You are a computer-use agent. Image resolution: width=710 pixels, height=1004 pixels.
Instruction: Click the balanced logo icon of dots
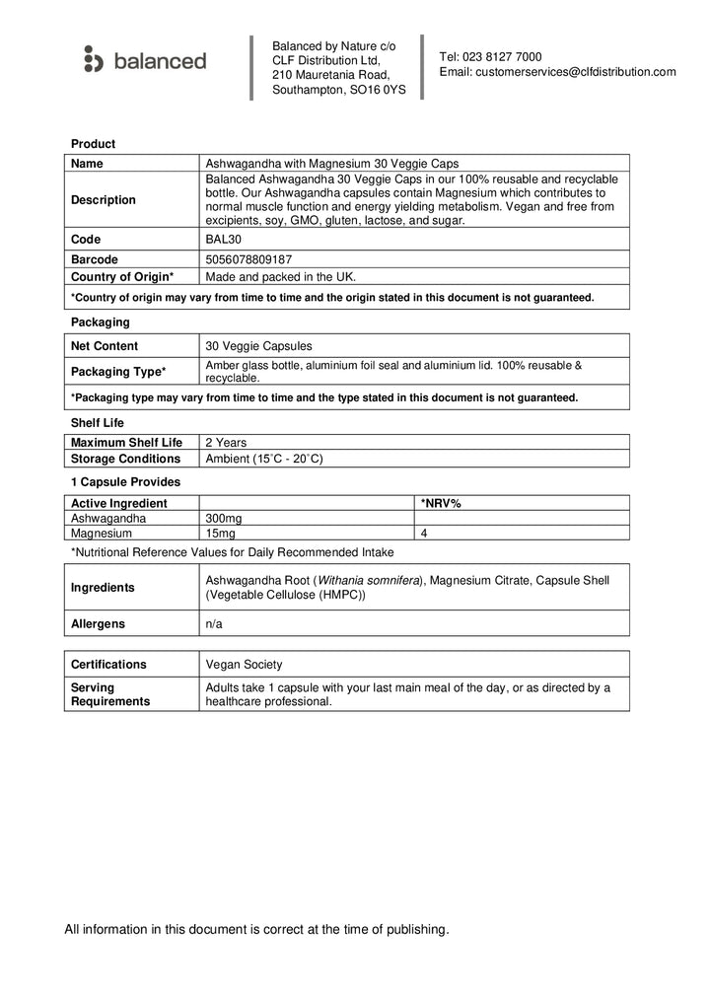(93, 59)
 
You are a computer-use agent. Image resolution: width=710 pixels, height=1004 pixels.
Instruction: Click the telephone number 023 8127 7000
(503, 57)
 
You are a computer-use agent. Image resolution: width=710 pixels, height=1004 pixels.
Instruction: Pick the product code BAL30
(222, 240)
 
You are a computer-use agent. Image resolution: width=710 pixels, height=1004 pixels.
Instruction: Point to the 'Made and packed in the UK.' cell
(280, 277)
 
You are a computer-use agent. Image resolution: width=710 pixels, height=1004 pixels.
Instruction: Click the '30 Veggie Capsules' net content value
(257, 346)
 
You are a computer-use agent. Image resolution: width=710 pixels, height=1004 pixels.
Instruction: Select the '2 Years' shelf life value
(225, 443)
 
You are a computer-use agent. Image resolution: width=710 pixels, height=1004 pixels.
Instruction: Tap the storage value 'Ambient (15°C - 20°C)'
(263, 459)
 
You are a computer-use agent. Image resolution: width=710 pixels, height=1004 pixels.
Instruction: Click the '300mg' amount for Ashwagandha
(223, 518)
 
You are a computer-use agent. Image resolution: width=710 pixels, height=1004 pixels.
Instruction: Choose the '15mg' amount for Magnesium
(220, 533)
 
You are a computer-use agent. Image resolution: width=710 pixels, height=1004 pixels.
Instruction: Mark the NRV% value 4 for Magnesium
(423, 533)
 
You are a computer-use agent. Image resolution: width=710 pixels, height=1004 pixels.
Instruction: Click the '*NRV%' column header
(441, 503)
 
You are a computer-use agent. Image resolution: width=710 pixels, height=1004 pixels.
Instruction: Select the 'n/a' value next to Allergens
(213, 623)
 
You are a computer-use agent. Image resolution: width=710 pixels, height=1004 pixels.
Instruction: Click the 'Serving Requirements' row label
(110, 694)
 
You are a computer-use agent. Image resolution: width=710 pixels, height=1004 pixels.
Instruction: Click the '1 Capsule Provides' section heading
(125, 482)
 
